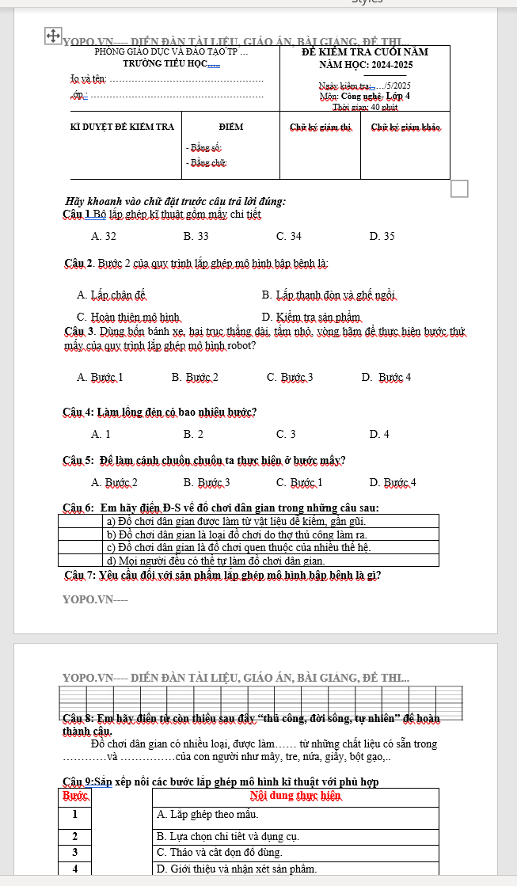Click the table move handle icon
[x=52, y=36]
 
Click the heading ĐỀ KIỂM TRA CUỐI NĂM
[x=365, y=52]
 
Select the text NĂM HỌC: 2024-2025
[x=365, y=65]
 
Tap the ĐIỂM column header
[x=231, y=127]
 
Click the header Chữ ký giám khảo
[x=405, y=127]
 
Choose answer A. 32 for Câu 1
[x=104, y=236]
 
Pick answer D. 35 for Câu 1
[x=382, y=236]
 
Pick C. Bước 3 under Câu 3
[x=290, y=377]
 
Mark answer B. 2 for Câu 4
[x=193, y=434]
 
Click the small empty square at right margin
[x=460, y=188]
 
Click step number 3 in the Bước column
[x=75, y=852]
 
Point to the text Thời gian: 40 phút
[x=364, y=107]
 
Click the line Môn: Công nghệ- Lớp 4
[x=364, y=97]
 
